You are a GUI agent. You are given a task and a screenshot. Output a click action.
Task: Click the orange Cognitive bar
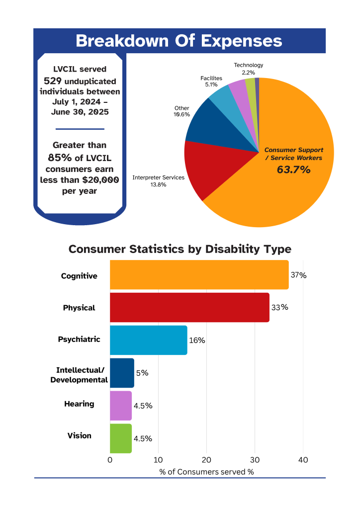coord(199,275)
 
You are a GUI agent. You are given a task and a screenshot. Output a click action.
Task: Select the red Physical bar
coord(189,308)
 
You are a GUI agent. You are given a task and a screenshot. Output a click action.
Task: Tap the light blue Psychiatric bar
coord(148,340)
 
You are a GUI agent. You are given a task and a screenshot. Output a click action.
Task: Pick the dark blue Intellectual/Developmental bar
coord(122,373)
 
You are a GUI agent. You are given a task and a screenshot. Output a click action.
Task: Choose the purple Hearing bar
coord(120,406)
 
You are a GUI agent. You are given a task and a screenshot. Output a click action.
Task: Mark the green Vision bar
coord(120,438)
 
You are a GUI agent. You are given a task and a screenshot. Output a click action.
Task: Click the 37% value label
coord(298,275)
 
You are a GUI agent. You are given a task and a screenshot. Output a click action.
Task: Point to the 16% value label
coord(197,340)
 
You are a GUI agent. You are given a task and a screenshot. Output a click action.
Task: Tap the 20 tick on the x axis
coord(207,460)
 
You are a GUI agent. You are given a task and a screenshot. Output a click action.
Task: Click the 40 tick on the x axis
coord(303,460)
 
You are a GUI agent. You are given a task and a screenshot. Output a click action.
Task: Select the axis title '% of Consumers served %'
coord(206,472)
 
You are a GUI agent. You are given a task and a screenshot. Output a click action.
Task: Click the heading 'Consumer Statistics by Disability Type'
coord(180,249)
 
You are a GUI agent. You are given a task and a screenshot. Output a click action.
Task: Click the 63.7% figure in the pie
coord(293,170)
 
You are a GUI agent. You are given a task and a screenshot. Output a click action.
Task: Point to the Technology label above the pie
coord(249,65)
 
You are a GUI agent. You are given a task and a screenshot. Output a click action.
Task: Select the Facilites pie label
coord(211,79)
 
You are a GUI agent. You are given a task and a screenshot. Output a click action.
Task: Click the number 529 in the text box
coord(52,81)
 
